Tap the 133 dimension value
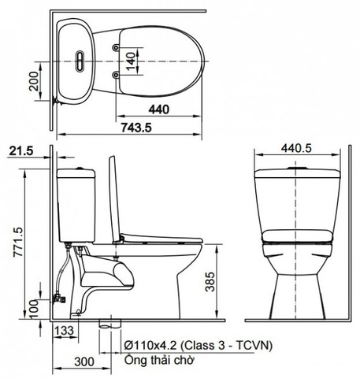click(65, 332)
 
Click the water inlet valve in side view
click(57, 298)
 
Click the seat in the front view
click(296, 233)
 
